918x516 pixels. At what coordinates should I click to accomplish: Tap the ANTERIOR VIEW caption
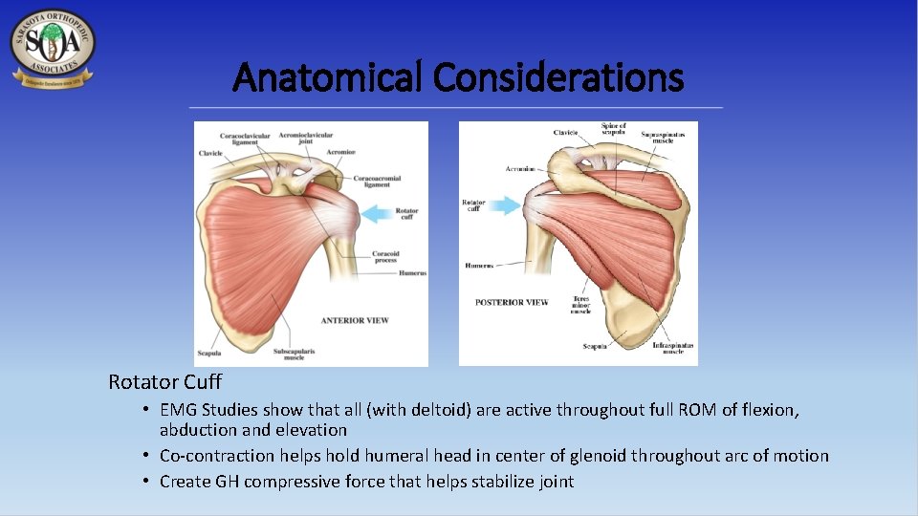click(x=355, y=320)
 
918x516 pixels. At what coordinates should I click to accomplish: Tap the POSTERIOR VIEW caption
click(x=512, y=302)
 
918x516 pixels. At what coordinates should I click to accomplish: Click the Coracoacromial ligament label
click(x=377, y=182)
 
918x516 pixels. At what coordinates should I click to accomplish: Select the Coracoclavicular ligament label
click(x=245, y=140)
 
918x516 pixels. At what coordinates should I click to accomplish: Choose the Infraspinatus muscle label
click(x=673, y=348)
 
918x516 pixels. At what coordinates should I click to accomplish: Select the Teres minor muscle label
click(x=580, y=304)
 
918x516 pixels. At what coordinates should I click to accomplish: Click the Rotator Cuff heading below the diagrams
click(x=164, y=382)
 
